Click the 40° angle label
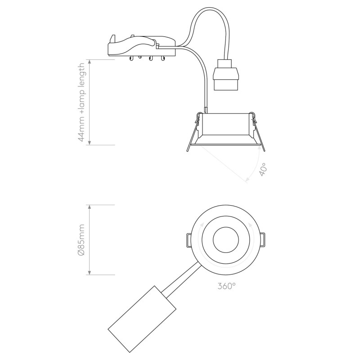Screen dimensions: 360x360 click(x=263, y=170)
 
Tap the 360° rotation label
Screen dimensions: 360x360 click(x=226, y=286)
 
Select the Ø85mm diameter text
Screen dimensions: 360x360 click(x=81, y=240)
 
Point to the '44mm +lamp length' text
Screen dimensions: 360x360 click(x=81, y=103)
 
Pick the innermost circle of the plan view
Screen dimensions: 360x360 click(x=226, y=240)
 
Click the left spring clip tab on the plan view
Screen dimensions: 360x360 click(x=189, y=240)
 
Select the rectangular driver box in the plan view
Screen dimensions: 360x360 click(x=142, y=319)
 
